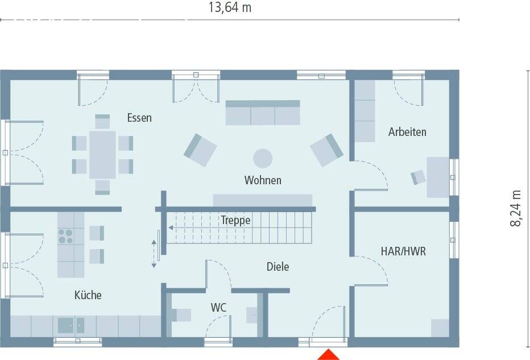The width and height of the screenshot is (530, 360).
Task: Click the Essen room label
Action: coord(139,118)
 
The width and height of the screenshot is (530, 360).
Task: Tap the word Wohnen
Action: coord(263,180)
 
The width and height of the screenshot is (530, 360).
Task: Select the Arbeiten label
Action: coord(407,132)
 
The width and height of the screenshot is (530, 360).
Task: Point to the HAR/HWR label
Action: coord(403,251)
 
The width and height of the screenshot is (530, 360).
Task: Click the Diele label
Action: coord(278,266)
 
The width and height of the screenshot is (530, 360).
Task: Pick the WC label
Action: coord(219,308)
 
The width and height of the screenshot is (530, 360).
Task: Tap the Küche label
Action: coord(88,295)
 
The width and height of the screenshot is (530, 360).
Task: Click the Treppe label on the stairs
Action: coord(235,220)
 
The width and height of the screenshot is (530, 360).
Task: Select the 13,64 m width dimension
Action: coord(230,8)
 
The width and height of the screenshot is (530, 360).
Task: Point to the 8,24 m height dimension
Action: coord(515,208)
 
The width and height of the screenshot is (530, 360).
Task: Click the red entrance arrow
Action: coord(329,355)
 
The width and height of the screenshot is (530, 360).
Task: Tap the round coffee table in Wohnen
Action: coord(263,158)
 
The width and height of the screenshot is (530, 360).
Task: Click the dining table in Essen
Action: coord(102,154)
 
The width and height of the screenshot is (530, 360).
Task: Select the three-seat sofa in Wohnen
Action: coord(263,113)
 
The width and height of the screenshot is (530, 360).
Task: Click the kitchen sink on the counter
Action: coord(71,325)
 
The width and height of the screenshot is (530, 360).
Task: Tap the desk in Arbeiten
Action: coord(438,177)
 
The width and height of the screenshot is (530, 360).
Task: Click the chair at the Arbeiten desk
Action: coord(419,177)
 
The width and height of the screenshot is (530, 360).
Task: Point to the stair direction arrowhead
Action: coord(171,228)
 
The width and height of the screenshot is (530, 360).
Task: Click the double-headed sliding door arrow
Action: coord(153,253)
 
